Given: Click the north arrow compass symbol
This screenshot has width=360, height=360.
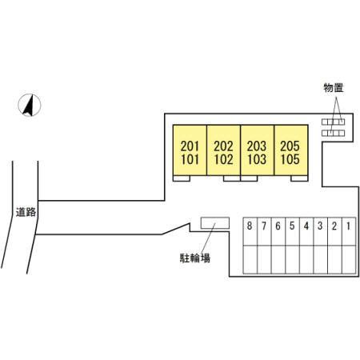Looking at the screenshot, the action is (30, 106).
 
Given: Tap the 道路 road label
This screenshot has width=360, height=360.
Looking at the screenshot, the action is (26, 212).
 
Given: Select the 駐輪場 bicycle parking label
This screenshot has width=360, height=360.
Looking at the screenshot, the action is (195, 258).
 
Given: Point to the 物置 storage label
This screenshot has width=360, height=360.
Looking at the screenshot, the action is (334, 87).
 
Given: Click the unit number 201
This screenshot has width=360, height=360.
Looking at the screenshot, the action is (190, 146).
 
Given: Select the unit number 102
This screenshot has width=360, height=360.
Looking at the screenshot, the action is (223, 159).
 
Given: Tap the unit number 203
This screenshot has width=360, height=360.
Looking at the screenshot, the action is (257, 146).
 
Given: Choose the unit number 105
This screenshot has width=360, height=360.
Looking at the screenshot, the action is (290, 159).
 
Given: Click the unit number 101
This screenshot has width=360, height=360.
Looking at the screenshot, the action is (190, 159).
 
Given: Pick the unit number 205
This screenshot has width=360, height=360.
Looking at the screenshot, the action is (290, 146).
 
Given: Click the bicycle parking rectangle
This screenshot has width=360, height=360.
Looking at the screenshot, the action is (215, 223).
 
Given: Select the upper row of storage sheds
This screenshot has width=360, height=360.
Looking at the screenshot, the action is (333, 122).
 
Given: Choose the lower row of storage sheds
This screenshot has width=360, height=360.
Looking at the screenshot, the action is (333, 133).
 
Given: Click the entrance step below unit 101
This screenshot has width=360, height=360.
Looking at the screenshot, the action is (182, 178).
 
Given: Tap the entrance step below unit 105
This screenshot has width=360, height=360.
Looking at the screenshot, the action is (299, 178).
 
